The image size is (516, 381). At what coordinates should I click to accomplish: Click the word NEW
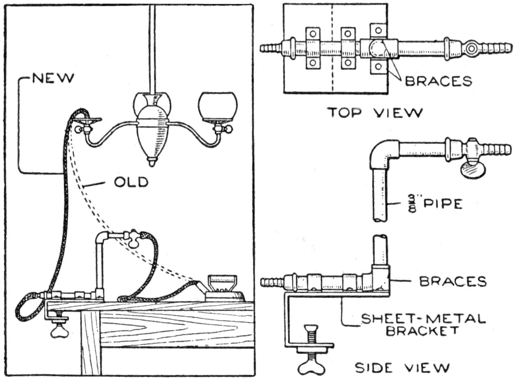(54, 78)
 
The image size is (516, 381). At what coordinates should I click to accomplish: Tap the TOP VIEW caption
(375, 112)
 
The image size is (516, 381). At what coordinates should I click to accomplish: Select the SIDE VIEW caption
(402, 368)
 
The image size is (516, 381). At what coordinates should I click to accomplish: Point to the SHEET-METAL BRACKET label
(423, 324)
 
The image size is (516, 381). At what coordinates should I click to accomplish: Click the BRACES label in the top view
(438, 81)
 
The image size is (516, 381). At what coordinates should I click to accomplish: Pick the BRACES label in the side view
(453, 281)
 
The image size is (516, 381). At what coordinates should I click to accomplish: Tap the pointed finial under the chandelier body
(151, 161)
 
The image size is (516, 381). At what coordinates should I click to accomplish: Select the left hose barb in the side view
(272, 282)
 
